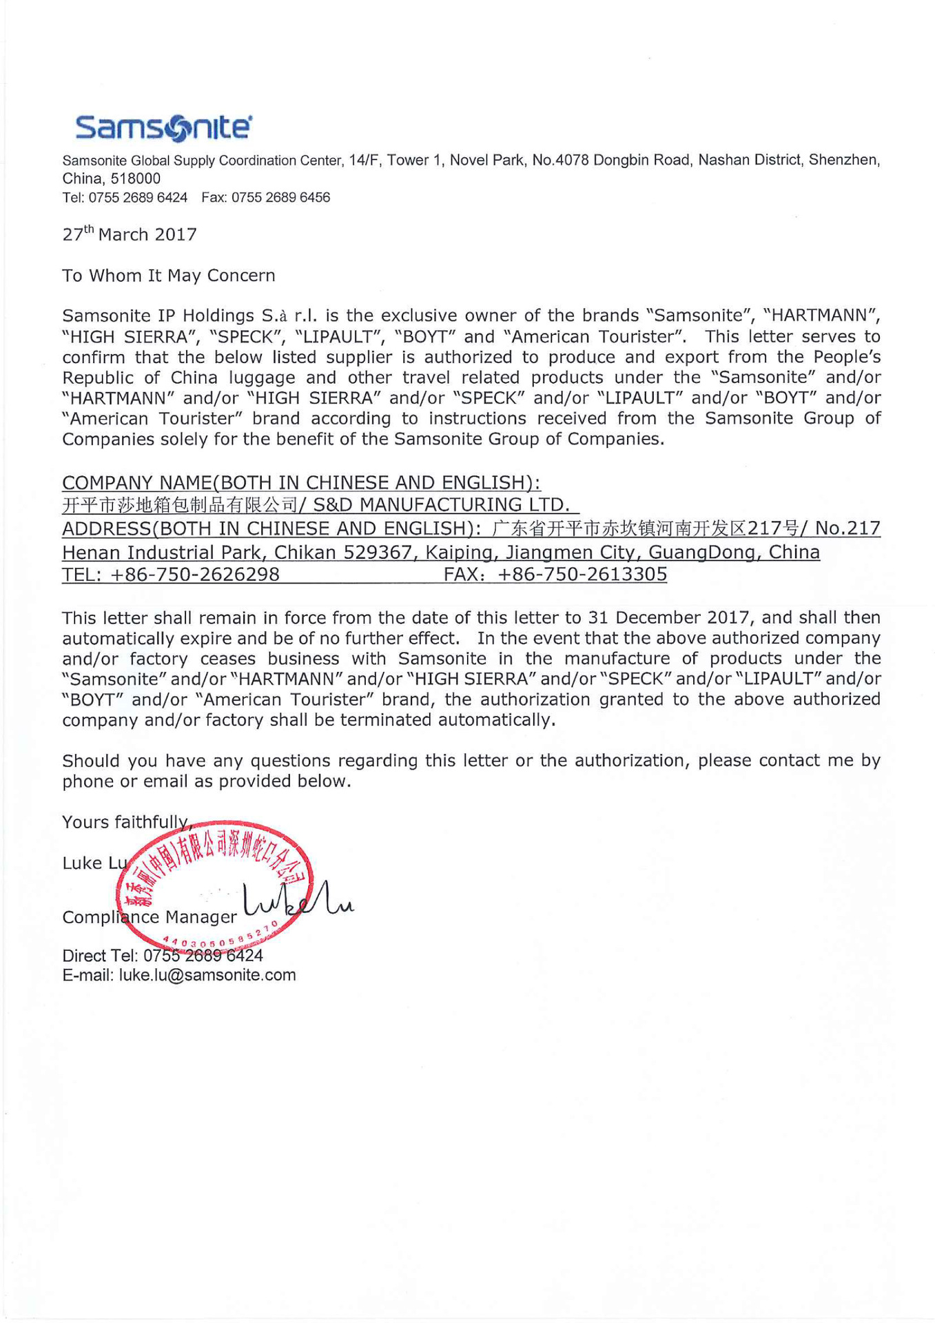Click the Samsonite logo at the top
(x=163, y=127)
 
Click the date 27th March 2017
(x=130, y=234)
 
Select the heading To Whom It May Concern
(x=169, y=276)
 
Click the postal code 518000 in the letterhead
(x=135, y=178)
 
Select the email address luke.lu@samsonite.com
(x=207, y=976)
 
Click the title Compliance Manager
(x=150, y=917)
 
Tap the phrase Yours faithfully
(x=124, y=822)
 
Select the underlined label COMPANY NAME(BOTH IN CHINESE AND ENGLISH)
(x=301, y=482)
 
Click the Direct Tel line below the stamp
(x=163, y=956)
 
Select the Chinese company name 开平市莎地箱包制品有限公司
(x=179, y=506)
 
